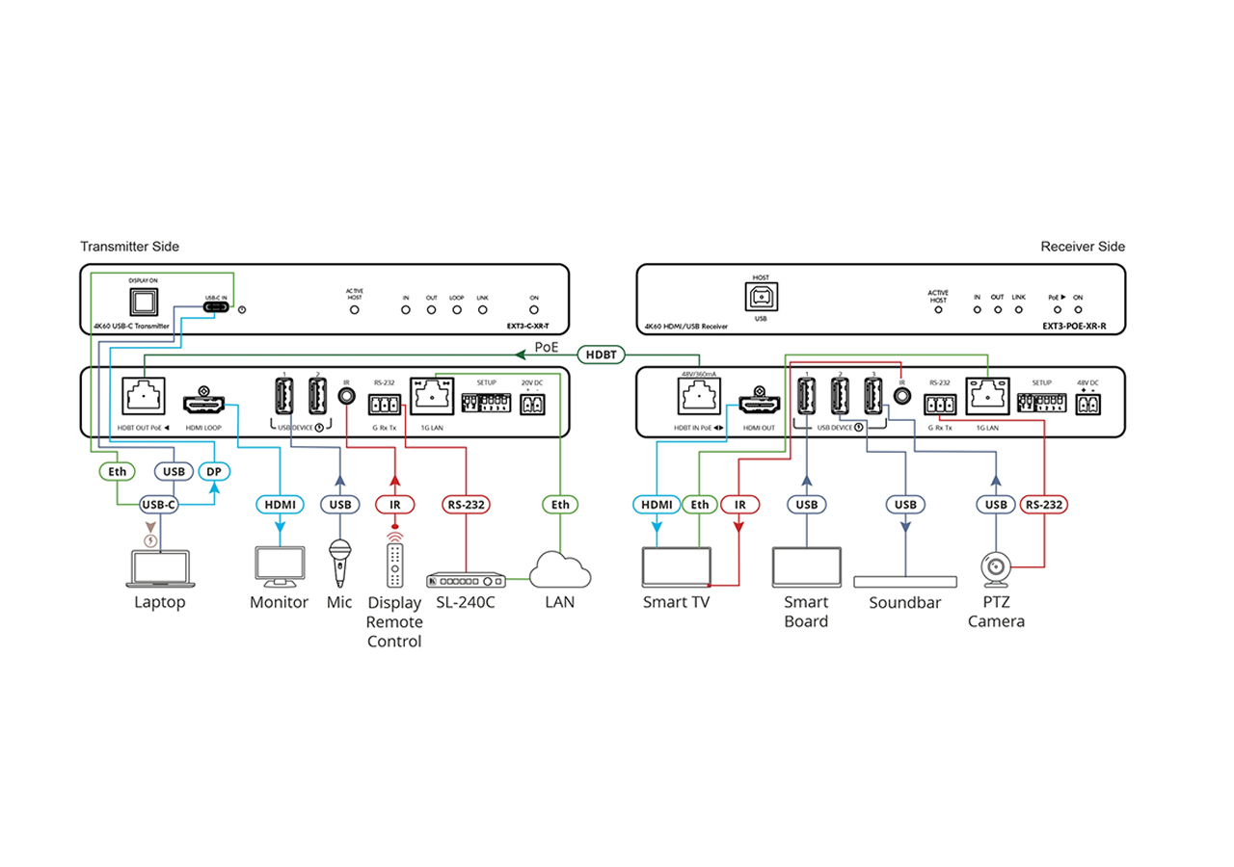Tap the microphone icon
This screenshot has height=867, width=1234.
pyautogui.click(x=339, y=561)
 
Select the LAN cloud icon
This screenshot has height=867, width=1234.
pyautogui.click(x=560, y=568)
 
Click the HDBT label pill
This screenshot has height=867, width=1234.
pyautogui.click(x=604, y=355)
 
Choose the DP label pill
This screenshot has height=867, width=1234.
pyautogui.click(x=215, y=472)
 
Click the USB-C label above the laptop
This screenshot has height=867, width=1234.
pyautogui.click(x=159, y=504)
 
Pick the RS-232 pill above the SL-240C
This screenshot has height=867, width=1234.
pyautogui.click(x=467, y=504)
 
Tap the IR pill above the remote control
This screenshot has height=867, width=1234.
pyautogui.click(x=394, y=504)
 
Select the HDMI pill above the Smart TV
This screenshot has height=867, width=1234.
pyautogui.click(x=657, y=504)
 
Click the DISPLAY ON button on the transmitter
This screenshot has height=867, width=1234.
pyautogui.click(x=143, y=302)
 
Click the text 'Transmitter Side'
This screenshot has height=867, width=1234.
pyautogui.click(x=129, y=247)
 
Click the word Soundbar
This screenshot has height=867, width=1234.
pyautogui.click(x=904, y=603)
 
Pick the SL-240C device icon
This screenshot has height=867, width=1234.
pyautogui.click(x=467, y=580)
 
